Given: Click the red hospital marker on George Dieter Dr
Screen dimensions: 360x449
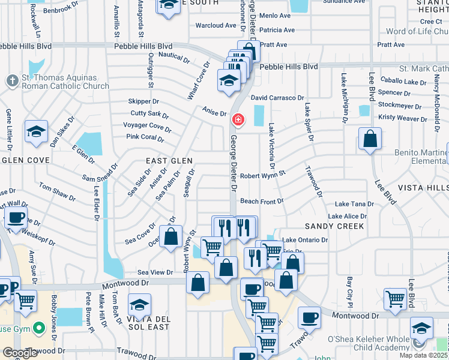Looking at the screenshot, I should click(x=238, y=120).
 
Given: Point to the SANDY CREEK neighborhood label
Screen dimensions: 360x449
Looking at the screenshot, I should click(x=334, y=226).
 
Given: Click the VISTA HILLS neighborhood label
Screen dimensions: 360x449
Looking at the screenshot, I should click(x=420, y=188).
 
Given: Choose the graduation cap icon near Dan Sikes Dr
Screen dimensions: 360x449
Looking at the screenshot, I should click(x=36, y=131).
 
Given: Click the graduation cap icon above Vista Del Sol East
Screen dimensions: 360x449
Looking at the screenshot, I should click(x=139, y=306).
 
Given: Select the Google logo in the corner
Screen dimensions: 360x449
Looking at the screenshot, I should click(x=20, y=353).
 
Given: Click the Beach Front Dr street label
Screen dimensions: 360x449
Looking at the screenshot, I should click(x=262, y=201).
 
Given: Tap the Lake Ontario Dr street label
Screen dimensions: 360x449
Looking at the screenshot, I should click(x=306, y=240).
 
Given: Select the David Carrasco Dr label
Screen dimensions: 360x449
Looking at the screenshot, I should click(x=277, y=97).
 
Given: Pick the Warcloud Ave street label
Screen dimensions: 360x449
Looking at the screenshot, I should click(x=216, y=25).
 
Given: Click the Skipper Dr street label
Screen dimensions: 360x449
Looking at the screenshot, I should click(x=143, y=102).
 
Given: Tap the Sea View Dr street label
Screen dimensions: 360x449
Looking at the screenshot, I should click(x=155, y=272).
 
